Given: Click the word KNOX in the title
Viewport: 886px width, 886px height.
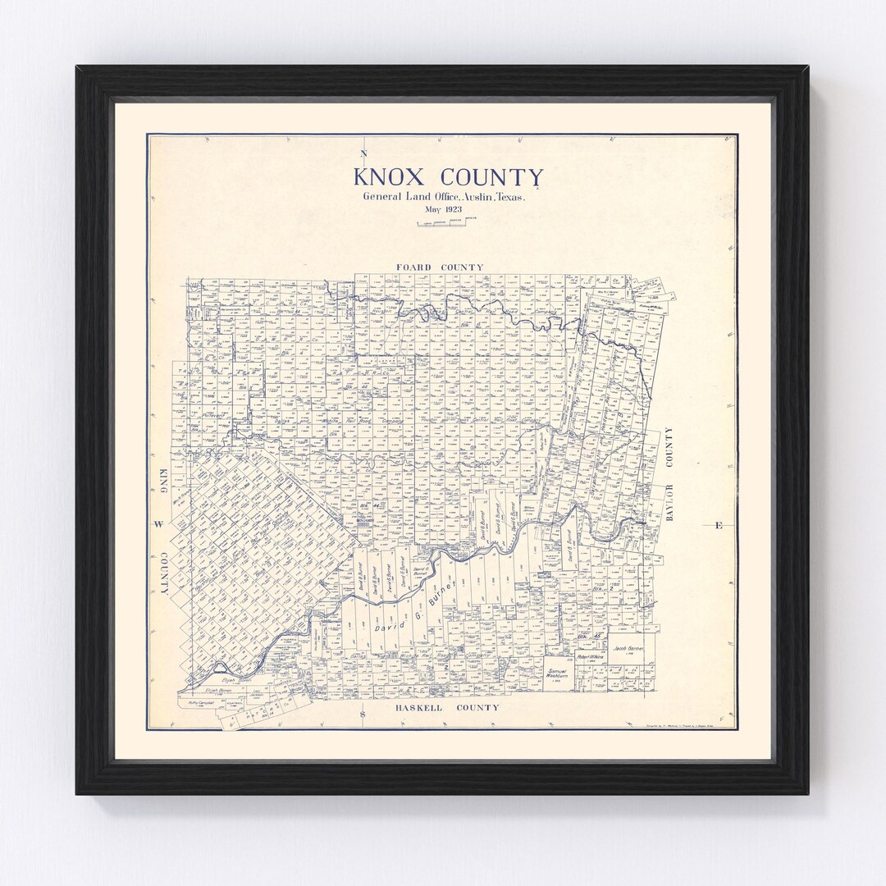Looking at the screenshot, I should tap(390, 177).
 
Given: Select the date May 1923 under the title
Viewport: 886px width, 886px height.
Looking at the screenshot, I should tap(443, 210).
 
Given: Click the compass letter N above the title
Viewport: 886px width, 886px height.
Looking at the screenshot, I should tap(363, 154).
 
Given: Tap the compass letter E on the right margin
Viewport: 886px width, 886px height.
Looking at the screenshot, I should tap(719, 525).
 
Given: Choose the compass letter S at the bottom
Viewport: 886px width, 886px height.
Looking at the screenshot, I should tap(363, 716).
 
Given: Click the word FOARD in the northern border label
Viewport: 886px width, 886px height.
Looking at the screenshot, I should tap(415, 267).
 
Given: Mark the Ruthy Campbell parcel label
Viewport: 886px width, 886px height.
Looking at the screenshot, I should tap(199, 703).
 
